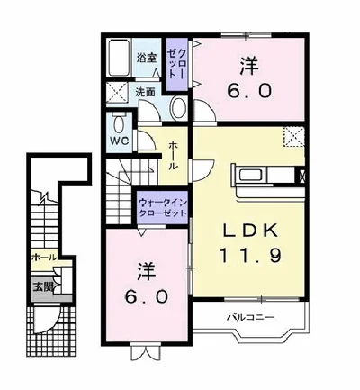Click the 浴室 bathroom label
(147, 58)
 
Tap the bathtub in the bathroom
(119, 58)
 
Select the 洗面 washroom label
(145, 92)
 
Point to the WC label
(121, 141)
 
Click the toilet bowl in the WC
(119, 123)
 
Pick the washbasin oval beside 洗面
(179, 107)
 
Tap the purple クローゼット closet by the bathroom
(177, 64)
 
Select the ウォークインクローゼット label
(163, 208)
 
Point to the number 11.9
(251, 256)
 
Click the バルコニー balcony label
(250, 317)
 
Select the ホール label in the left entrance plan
(44, 258)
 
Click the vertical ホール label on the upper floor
(174, 155)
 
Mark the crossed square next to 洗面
(117, 92)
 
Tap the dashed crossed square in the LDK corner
(294, 137)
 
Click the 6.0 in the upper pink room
(249, 91)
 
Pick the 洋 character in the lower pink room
(147, 271)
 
